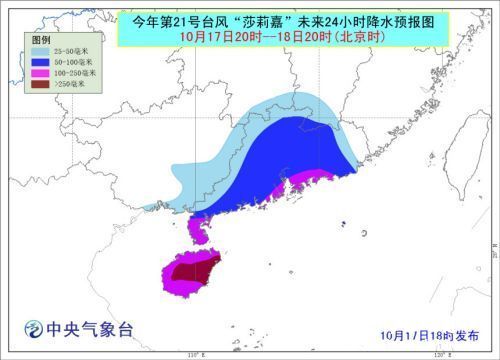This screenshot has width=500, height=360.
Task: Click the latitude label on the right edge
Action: [490, 246]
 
